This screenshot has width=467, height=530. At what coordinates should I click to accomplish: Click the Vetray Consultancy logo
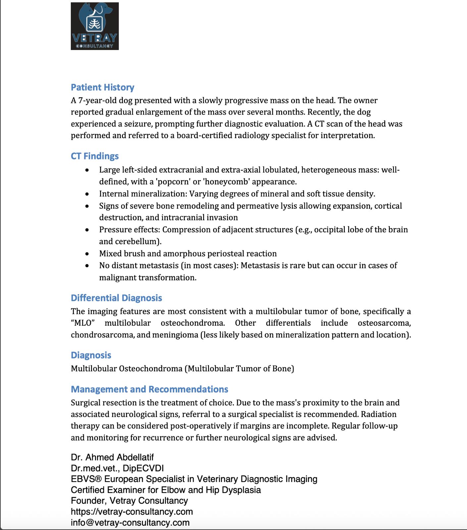(95, 26)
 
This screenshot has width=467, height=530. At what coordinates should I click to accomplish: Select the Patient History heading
(102, 87)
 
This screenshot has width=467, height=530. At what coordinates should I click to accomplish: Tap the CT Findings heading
(95, 156)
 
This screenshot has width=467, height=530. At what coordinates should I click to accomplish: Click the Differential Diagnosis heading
(116, 298)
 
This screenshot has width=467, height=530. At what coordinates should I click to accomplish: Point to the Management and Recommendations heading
(149, 389)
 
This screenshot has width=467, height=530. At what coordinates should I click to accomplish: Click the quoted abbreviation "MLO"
(83, 323)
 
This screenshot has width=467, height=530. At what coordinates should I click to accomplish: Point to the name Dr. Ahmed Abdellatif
(112, 457)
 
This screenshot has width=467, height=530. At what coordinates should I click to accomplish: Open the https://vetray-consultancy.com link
(132, 512)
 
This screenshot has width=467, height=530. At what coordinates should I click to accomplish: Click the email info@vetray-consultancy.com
(130, 523)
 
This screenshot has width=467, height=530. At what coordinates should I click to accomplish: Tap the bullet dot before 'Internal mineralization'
(87, 194)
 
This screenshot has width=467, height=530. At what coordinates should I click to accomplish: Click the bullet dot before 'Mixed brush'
(87, 254)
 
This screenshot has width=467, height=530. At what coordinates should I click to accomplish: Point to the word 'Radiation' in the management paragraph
(379, 414)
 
